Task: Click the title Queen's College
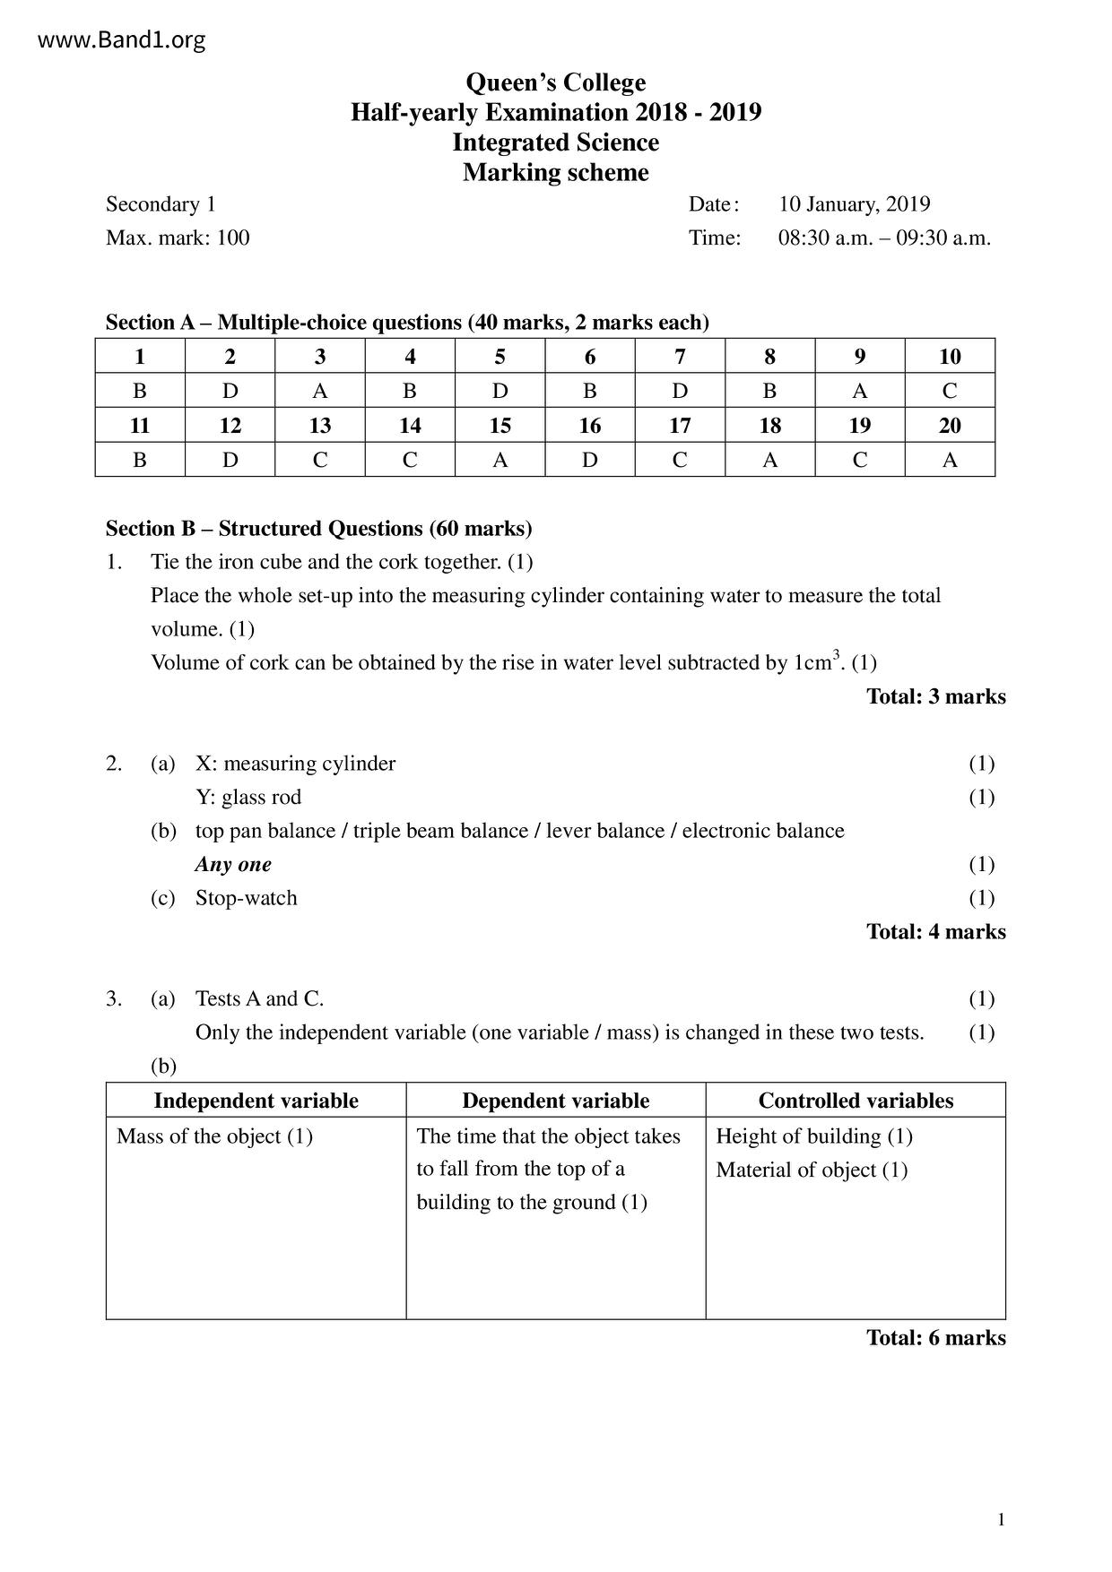pyautogui.click(x=555, y=82)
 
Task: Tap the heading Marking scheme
pyautogui.click(x=555, y=172)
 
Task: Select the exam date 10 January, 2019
pyautogui.click(x=854, y=204)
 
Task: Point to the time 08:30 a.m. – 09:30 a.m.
pyautogui.click(x=884, y=238)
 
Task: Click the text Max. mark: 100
pyautogui.click(x=178, y=238)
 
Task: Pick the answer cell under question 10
pyautogui.click(x=950, y=391)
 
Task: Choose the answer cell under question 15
pyautogui.click(x=500, y=460)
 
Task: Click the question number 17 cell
pyautogui.click(x=680, y=426)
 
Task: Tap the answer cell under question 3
pyautogui.click(x=320, y=391)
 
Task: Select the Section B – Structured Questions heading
pyautogui.click(x=318, y=529)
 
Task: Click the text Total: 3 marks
pyautogui.click(x=935, y=696)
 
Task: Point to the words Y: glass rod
pyautogui.click(x=248, y=798)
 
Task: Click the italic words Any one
pyautogui.click(x=233, y=865)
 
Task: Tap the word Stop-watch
pyautogui.click(x=246, y=898)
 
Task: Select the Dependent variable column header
pyautogui.click(x=555, y=1101)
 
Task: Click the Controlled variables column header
pyautogui.click(x=856, y=1101)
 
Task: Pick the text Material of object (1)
pyautogui.click(x=812, y=1170)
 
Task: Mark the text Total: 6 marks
pyautogui.click(x=935, y=1337)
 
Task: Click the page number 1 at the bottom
pyautogui.click(x=1001, y=1519)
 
